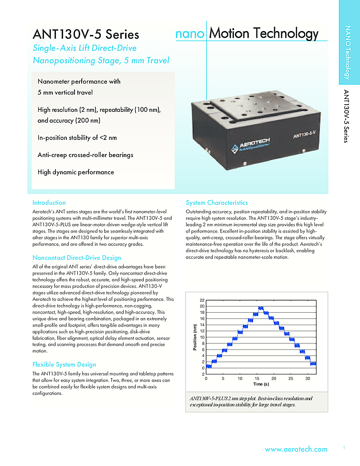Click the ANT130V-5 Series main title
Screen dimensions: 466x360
click(86, 35)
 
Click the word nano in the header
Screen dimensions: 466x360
click(190, 34)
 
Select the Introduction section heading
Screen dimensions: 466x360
click(49, 202)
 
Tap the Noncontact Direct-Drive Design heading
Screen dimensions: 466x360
click(77, 258)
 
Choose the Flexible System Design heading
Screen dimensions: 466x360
click(64, 364)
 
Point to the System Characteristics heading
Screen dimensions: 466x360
click(217, 202)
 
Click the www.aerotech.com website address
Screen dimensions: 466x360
click(296, 449)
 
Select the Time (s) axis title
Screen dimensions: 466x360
click(261, 384)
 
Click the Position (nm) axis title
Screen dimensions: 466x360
click(195, 337)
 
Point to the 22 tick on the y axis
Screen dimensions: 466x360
click(202, 300)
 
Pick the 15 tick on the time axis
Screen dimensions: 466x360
click(257, 378)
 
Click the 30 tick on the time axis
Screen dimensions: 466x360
click(307, 378)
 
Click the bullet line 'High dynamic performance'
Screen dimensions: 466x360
click(76, 172)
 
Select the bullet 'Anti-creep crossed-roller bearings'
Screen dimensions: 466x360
click(85, 155)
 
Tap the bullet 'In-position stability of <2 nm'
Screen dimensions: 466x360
click(77, 138)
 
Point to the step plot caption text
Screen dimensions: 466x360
click(251, 402)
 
